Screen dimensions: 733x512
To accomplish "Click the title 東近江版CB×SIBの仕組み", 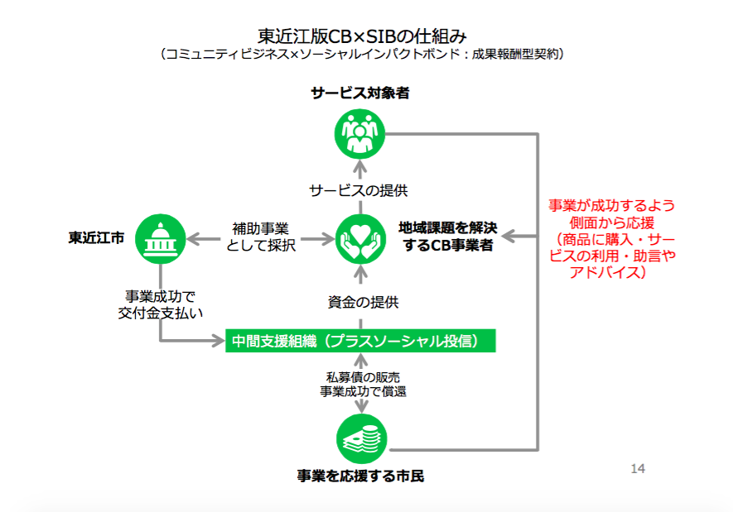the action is tap(362, 36).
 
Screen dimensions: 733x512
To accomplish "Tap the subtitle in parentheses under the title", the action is tap(362, 54).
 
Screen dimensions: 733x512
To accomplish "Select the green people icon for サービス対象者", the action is tap(359, 134).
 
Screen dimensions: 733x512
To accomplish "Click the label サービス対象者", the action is tap(360, 93).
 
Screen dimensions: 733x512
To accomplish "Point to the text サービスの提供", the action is tap(358, 190).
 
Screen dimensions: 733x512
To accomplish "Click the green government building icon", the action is tap(161, 239).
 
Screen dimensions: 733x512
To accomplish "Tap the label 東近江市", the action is tap(96, 238).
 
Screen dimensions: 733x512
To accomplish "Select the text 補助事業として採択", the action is tap(261, 237).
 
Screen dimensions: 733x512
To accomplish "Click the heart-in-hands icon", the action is tap(360, 239).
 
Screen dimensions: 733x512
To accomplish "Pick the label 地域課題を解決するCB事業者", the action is tap(448, 237).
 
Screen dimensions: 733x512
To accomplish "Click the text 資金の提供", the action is tap(364, 302).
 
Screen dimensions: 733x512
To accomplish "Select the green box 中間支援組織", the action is tap(360, 341).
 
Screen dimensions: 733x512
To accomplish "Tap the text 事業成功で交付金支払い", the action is tap(161, 304).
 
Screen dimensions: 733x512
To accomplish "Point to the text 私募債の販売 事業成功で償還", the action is tap(363, 384).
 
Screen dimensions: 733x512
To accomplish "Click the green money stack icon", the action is tap(361, 438).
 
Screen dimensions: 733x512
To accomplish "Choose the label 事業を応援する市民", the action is tap(360, 476).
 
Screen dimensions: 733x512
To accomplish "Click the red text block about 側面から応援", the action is tap(612, 238).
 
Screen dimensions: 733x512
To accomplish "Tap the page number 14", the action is tap(638, 469).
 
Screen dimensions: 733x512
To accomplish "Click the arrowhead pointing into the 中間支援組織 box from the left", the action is tap(219, 341).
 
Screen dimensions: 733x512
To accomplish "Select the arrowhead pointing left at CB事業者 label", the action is tap(509, 237).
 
